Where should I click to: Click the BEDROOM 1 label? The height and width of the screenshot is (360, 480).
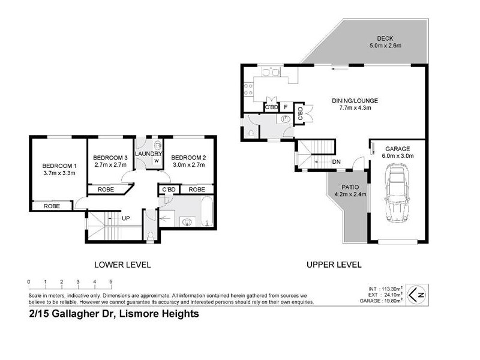tap(59, 166)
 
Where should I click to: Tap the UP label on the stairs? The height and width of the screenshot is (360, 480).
tap(126, 217)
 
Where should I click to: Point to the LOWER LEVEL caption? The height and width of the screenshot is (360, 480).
tap(123, 265)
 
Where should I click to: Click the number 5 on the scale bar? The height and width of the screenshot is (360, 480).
tap(111, 281)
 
